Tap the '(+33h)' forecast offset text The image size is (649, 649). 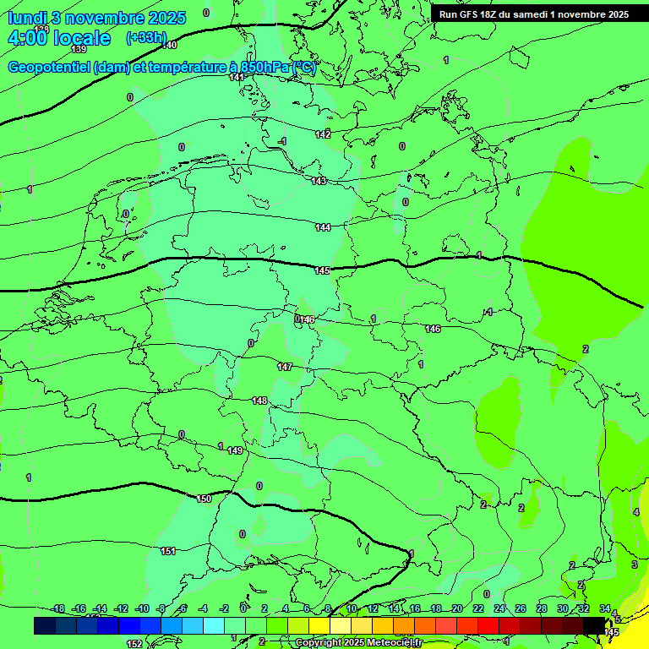click(x=146, y=37)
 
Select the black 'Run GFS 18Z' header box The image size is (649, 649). click(x=533, y=14)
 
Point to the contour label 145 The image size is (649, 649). click(x=322, y=270)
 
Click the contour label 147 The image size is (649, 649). click(x=285, y=367)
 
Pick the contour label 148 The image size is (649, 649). click(x=259, y=401)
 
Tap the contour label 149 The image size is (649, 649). click(x=235, y=450)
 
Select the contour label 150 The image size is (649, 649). click(x=204, y=499)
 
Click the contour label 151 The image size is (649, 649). click(x=168, y=551)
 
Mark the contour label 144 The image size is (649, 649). click(x=323, y=227)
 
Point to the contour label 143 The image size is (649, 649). click(x=319, y=181)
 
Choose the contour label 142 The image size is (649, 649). click(x=323, y=134)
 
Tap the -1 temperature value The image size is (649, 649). click(x=282, y=141)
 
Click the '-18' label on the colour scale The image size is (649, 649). click(x=57, y=608)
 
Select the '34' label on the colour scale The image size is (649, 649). click(x=605, y=608)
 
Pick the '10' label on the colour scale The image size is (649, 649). click(x=352, y=608)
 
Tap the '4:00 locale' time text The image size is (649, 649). click(x=58, y=38)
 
